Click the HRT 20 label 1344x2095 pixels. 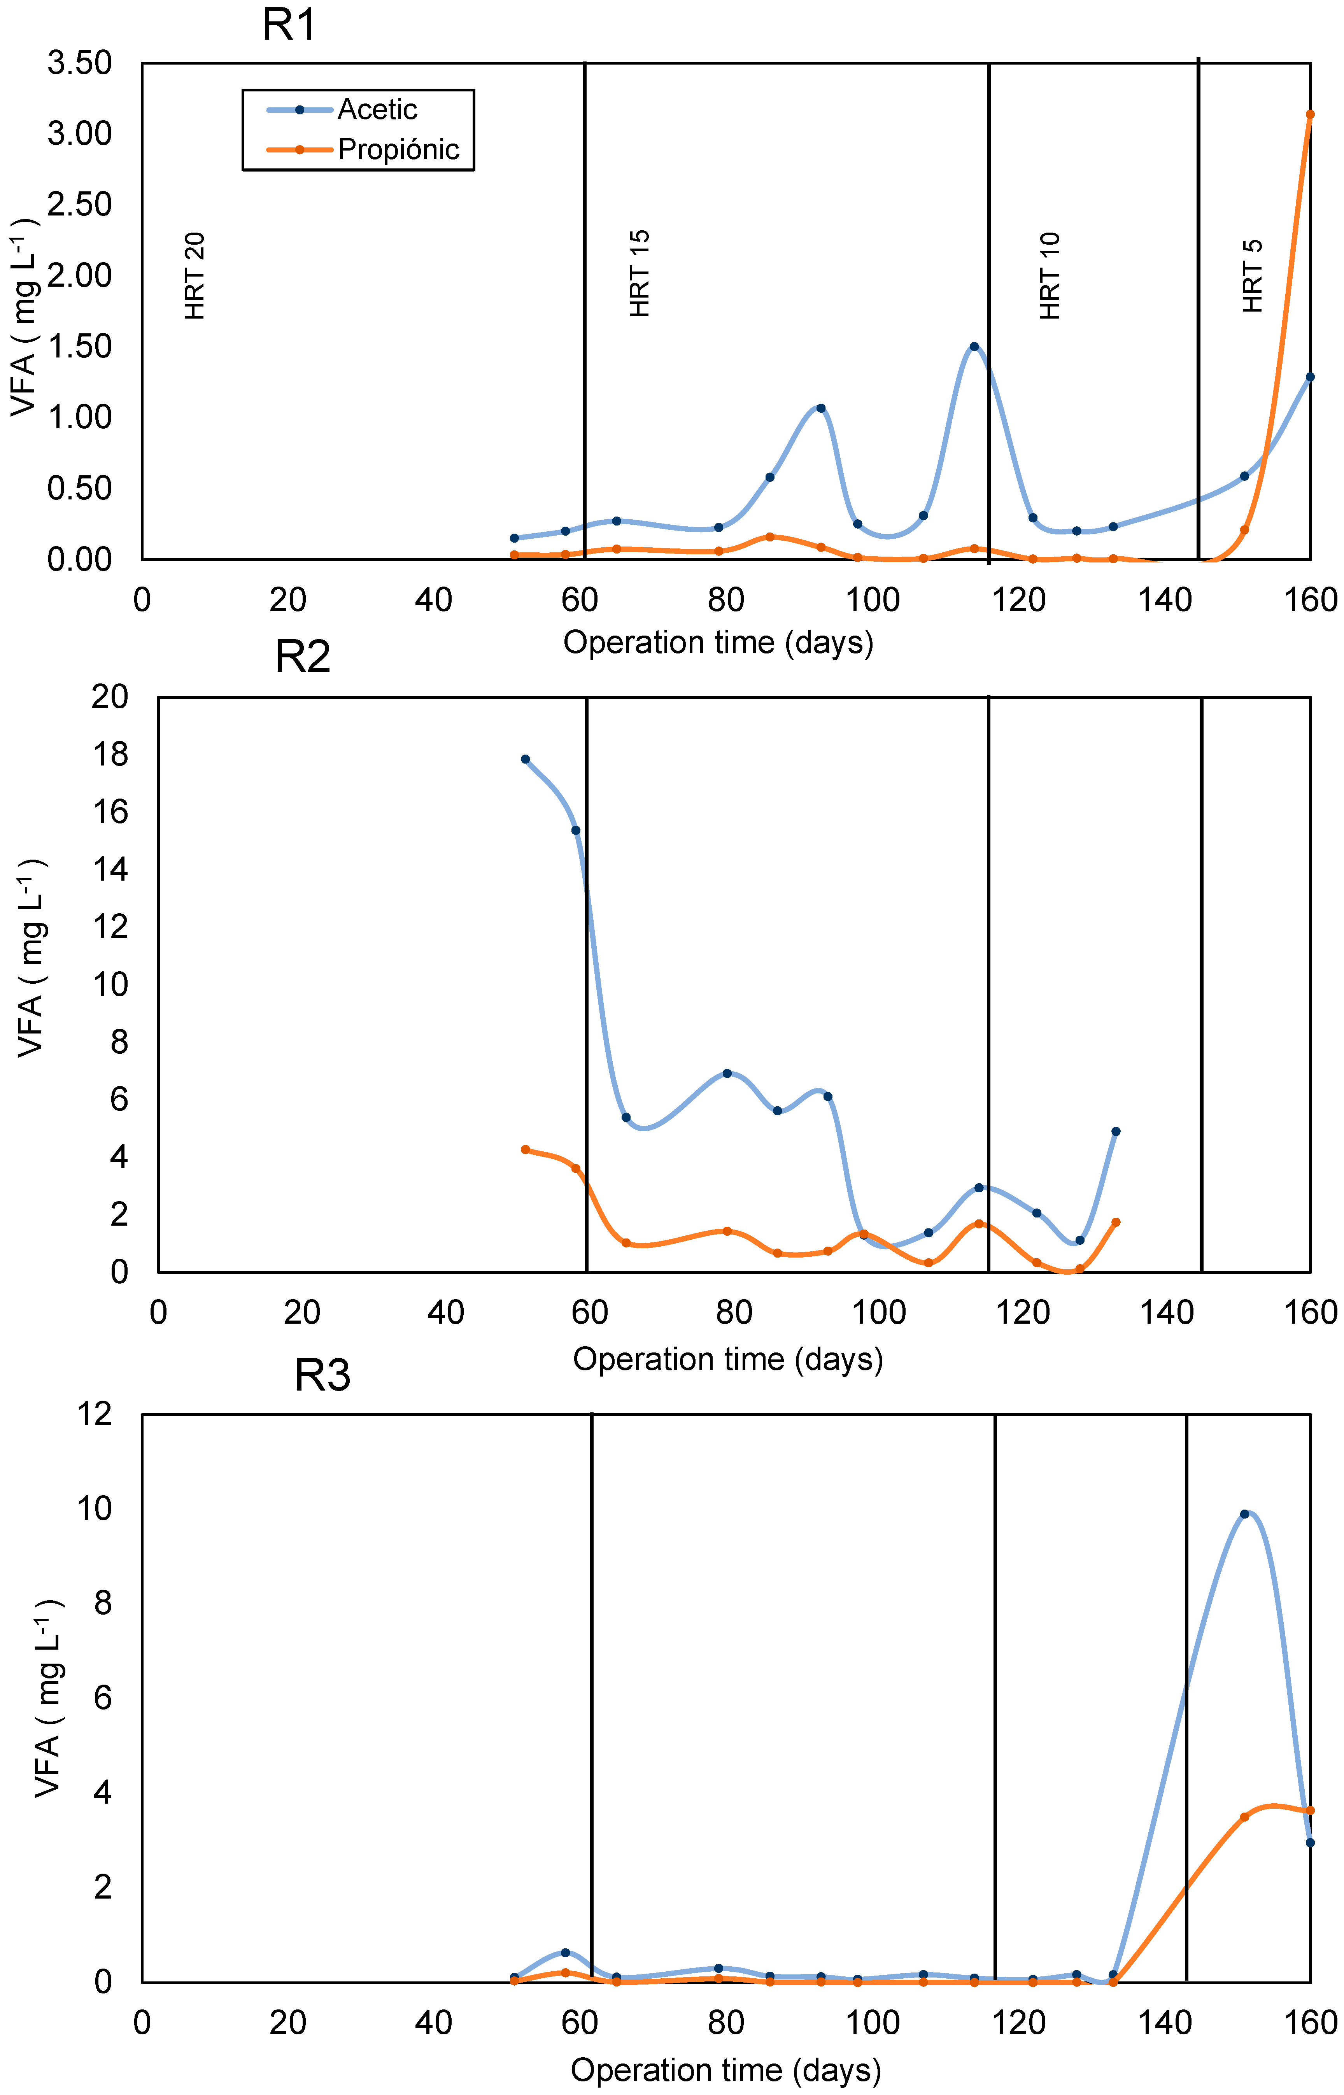(x=195, y=276)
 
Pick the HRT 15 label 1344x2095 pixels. (x=640, y=273)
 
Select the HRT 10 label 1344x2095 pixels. (x=1050, y=276)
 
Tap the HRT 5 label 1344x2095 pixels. (x=1252, y=276)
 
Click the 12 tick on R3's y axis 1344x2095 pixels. (x=95, y=1414)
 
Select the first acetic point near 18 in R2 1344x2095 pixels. (x=526, y=759)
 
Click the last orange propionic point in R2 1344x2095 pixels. (x=1115, y=1223)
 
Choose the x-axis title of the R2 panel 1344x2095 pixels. (x=728, y=1359)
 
